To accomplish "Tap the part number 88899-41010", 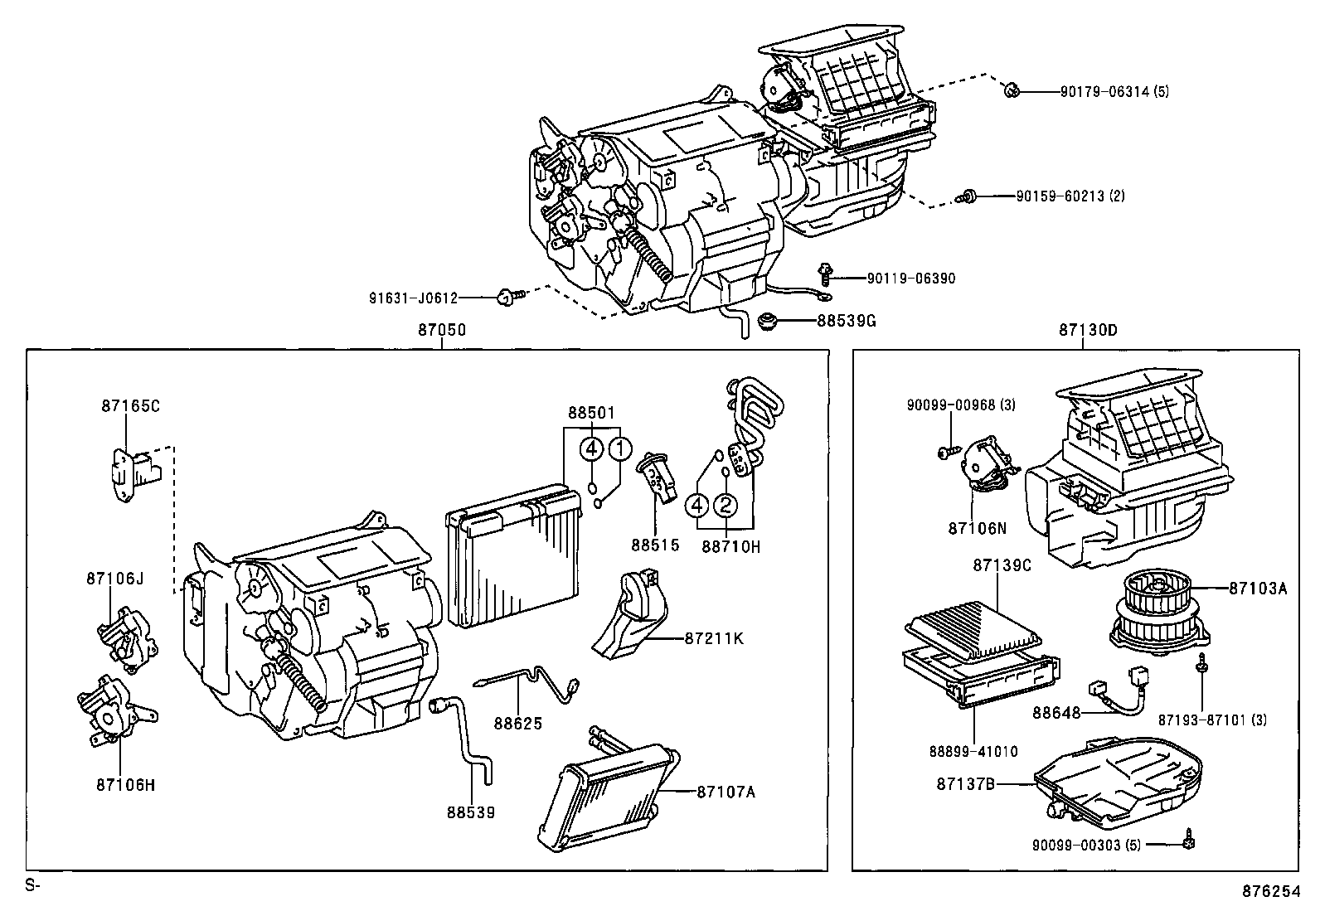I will (x=973, y=752).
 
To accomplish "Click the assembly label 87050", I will (x=441, y=330).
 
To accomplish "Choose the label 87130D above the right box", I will (x=1087, y=330).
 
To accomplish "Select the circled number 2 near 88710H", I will (x=725, y=505).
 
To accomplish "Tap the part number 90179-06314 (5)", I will (x=1114, y=92).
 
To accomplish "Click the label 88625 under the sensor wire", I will (x=518, y=724).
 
